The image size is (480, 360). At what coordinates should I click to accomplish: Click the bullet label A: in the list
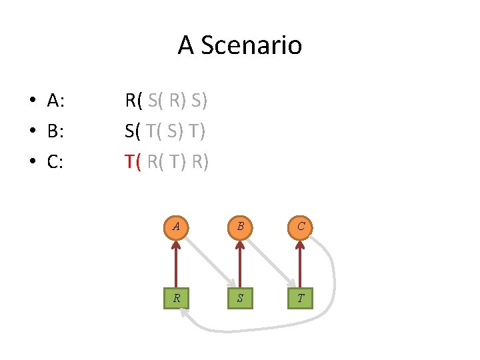(x=55, y=101)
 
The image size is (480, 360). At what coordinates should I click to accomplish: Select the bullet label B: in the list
(x=55, y=131)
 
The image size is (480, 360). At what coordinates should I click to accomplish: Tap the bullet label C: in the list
(x=55, y=162)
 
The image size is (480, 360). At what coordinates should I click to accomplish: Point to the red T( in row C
(x=133, y=162)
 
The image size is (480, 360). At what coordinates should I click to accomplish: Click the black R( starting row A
(x=133, y=101)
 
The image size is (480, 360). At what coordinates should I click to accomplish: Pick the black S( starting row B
(x=132, y=131)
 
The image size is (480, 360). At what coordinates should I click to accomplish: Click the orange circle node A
(x=176, y=227)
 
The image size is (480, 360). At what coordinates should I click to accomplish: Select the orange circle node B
(x=239, y=227)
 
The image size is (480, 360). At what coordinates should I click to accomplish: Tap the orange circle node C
(x=301, y=227)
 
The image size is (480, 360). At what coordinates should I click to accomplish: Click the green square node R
(x=176, y=298)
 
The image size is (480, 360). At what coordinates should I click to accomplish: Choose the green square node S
(x=239, y=298)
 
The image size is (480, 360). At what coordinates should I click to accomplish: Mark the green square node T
(x=301, y=298)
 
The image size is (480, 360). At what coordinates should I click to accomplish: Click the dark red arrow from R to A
(x=176, y=263)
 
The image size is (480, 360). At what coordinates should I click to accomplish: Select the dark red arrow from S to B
(x=239, y=263)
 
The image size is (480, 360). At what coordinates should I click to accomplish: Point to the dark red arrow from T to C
(x=301, y=263)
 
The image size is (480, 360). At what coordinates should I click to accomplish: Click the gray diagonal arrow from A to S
(x=207, y=263)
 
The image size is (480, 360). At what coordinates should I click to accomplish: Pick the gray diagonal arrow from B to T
(x=270, y=263)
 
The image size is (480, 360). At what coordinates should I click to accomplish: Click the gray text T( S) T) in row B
(x=175, y=131)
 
